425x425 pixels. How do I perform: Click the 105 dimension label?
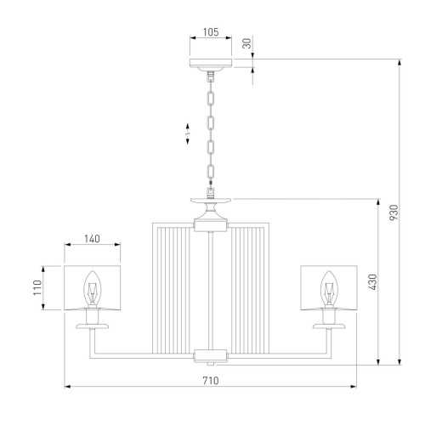tap(211, 32)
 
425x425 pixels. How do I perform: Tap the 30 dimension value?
tap(247, 43)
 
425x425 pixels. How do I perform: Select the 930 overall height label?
tap(394, 212)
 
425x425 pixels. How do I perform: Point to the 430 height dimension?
tap(372, 282)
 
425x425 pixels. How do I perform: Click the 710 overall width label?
tap(211, 381)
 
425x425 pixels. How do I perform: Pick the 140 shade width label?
tap(92, 239)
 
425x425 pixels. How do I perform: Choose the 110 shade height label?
tap(37, 287)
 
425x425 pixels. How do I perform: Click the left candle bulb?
tap(92, 288)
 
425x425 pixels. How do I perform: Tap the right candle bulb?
tap(329, 288)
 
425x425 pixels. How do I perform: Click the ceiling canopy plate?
tap(211, 63)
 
